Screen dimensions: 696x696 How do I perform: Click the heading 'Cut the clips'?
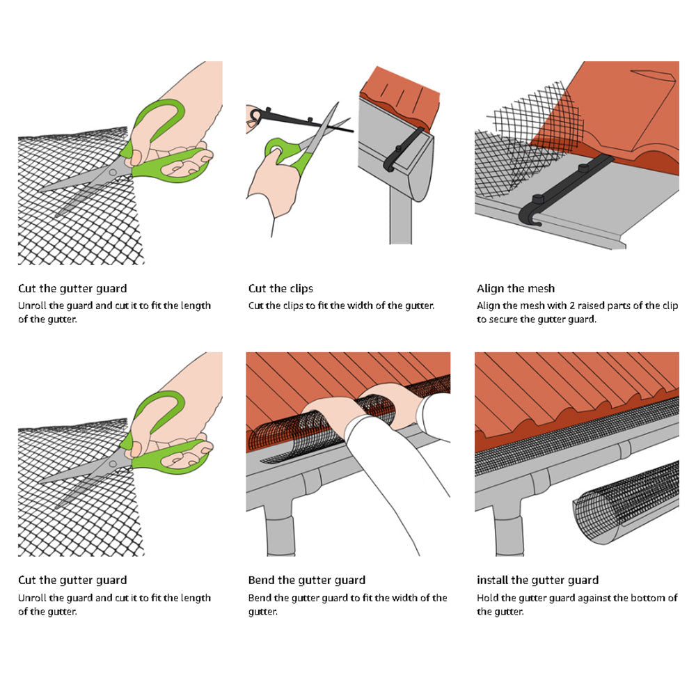coord(280,288)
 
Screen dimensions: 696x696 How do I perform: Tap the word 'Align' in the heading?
coord(490,288)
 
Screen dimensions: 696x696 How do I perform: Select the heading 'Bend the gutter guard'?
coord(306,580)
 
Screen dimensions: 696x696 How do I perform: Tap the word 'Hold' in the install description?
coord(487,598)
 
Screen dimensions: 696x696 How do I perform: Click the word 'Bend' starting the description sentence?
coord(260,598)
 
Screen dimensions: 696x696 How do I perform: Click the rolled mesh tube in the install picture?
coord(626,501)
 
